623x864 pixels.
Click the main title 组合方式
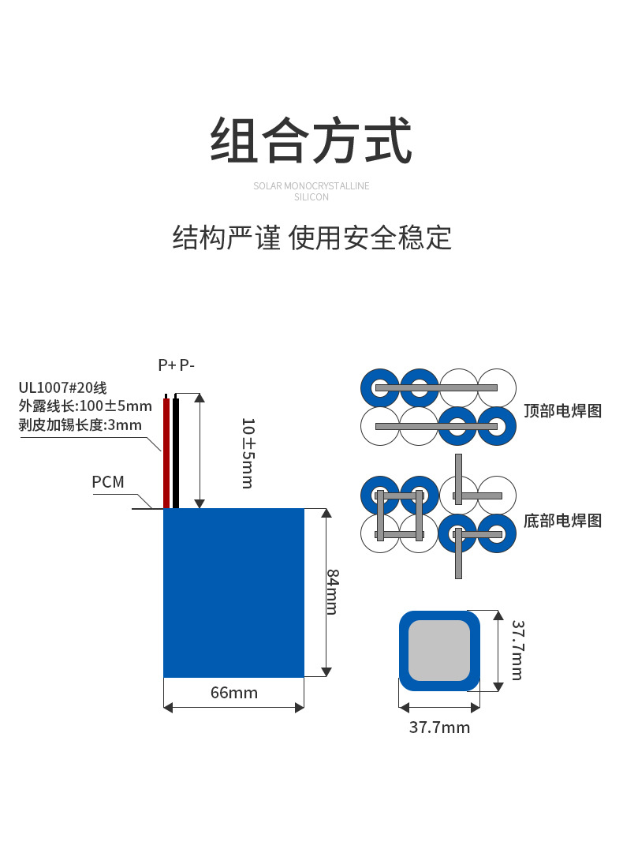pos(311,140)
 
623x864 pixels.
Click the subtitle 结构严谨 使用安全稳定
pos(311,238)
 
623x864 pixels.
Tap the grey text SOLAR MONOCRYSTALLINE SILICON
pos(311,191)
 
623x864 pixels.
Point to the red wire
pos(166,451)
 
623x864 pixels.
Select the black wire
pos(176,451)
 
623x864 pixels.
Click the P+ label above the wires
pos(167,365)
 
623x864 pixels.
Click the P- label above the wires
pos(187,365)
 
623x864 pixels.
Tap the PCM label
pos(108,482)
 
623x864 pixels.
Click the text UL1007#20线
pos(63,388)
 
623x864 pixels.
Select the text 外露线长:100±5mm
pos(85,406)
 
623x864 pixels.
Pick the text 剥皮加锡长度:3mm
pos(80,425)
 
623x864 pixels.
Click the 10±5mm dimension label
pos(248,453)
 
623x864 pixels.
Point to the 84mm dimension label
pos(333,592)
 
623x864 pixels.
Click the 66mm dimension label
pos(234,693)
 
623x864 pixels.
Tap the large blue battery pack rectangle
pos(233,593)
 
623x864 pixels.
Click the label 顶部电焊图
pos(562,411)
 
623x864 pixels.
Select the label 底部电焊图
pos(562,521)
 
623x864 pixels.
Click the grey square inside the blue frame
pos(439,651)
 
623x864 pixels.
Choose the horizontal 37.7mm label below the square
pos(439,727)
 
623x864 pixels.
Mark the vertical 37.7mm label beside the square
pos(518,650)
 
